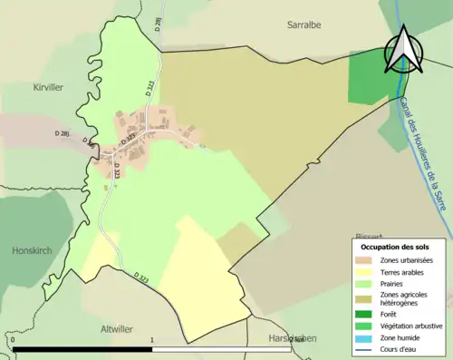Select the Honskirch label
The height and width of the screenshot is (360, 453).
point(36,250)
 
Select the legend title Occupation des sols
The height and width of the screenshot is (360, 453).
point(395,247)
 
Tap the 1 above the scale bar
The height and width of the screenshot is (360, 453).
point(152,341)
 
